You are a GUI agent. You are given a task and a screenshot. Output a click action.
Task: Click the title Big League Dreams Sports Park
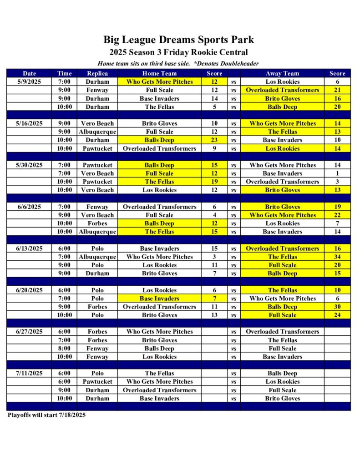point(178,40)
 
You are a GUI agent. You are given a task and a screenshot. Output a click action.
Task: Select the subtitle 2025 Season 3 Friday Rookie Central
point(178,52)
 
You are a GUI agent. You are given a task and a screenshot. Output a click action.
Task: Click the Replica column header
point(97,73)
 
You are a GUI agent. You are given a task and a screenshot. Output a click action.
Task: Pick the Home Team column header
point(159,73)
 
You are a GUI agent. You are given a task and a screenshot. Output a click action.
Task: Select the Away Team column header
point(282,73)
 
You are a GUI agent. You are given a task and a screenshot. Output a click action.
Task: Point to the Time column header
point(64,73)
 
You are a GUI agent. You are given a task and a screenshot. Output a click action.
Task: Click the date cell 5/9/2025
point(29,82)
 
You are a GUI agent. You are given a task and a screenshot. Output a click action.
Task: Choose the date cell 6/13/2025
point(29,248)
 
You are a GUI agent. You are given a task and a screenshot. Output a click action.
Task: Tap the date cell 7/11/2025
point(29,373)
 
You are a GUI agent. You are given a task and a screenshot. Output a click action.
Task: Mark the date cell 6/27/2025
point(29,332)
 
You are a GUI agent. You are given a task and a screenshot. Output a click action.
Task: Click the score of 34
point(337,257)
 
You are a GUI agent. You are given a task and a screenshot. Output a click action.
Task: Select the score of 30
point(337,307)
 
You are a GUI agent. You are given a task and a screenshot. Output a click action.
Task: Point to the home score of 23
point(214,140)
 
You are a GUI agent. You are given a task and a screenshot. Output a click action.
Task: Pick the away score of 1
point(337,173)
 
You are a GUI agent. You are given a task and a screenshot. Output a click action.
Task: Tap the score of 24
point(337,315)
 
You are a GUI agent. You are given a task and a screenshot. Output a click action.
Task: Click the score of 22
point(337,215)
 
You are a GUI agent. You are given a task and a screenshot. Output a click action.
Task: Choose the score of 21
point(337,90)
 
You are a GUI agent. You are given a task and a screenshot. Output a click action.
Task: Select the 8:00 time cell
point(64,349)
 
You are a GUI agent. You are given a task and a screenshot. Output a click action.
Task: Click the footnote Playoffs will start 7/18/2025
point(46,415)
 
